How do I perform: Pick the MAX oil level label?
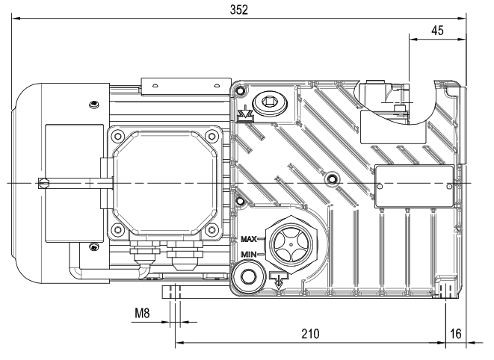point(249,239)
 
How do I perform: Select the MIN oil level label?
point(249,255)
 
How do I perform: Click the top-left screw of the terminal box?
point(117,136)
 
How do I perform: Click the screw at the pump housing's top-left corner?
point(239,91)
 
